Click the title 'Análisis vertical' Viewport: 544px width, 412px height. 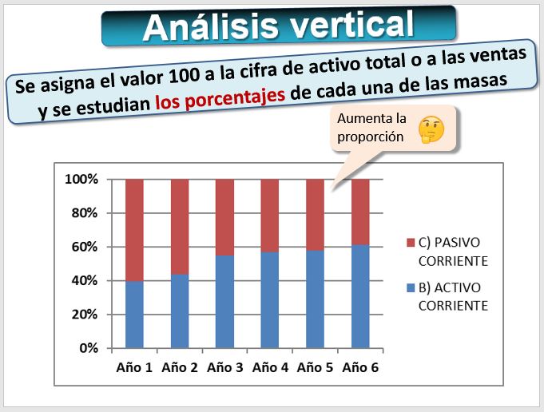click(278, 26)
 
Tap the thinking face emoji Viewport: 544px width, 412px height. click(431, 129)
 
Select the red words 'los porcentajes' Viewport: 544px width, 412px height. click(220, 98)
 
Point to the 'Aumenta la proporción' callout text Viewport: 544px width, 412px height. click(371, 127)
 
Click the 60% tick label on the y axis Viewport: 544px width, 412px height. click(85, 247)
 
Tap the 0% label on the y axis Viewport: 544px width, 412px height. click(89, 348)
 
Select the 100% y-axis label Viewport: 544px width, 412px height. click(81, 180)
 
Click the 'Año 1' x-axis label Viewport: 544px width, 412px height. click(134, 367)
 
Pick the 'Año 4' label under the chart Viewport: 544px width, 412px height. click(270, 367)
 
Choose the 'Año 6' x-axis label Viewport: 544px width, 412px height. click(360, 367)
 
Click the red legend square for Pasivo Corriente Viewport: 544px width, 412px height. click(411, 243)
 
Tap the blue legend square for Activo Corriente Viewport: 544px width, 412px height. click(411, 288)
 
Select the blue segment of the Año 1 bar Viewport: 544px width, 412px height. click(134, 315)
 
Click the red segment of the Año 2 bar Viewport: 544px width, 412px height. click(180, 227)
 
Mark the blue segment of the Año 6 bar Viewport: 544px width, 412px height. click(360, 296)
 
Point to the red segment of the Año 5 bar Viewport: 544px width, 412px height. click(315, 215)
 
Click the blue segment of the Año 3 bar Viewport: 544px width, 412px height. click(224, 302)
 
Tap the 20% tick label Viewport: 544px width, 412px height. click(85, 315)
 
